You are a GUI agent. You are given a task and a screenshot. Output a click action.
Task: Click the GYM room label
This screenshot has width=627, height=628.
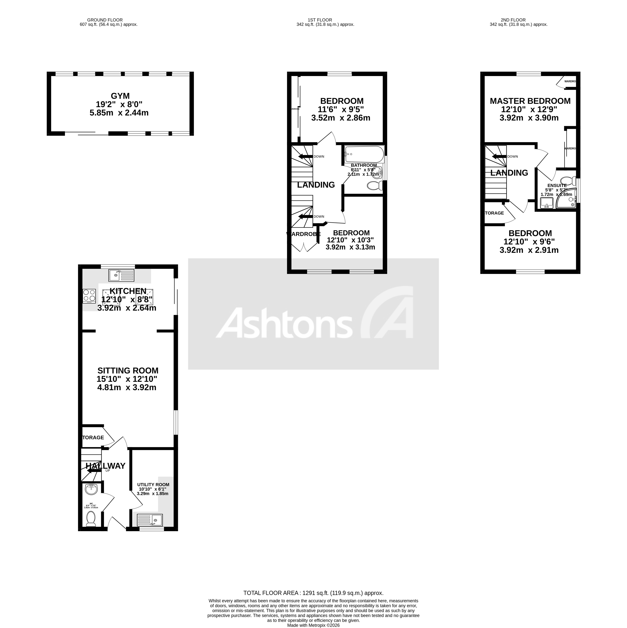point(120,96)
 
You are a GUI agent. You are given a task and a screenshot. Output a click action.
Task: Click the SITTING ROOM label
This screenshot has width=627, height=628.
point(128,371)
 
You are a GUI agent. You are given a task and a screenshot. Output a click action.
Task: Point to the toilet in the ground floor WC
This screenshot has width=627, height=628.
point(91,519)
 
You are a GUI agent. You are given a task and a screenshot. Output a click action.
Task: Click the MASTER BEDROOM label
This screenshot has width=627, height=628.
point(530,101)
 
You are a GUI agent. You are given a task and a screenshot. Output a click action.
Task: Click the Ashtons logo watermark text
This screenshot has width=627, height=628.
point(284,323)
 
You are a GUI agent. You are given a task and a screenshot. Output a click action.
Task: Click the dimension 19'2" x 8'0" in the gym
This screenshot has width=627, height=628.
point(119,104)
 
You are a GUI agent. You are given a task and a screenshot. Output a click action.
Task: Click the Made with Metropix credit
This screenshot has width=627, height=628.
point(313,625)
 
